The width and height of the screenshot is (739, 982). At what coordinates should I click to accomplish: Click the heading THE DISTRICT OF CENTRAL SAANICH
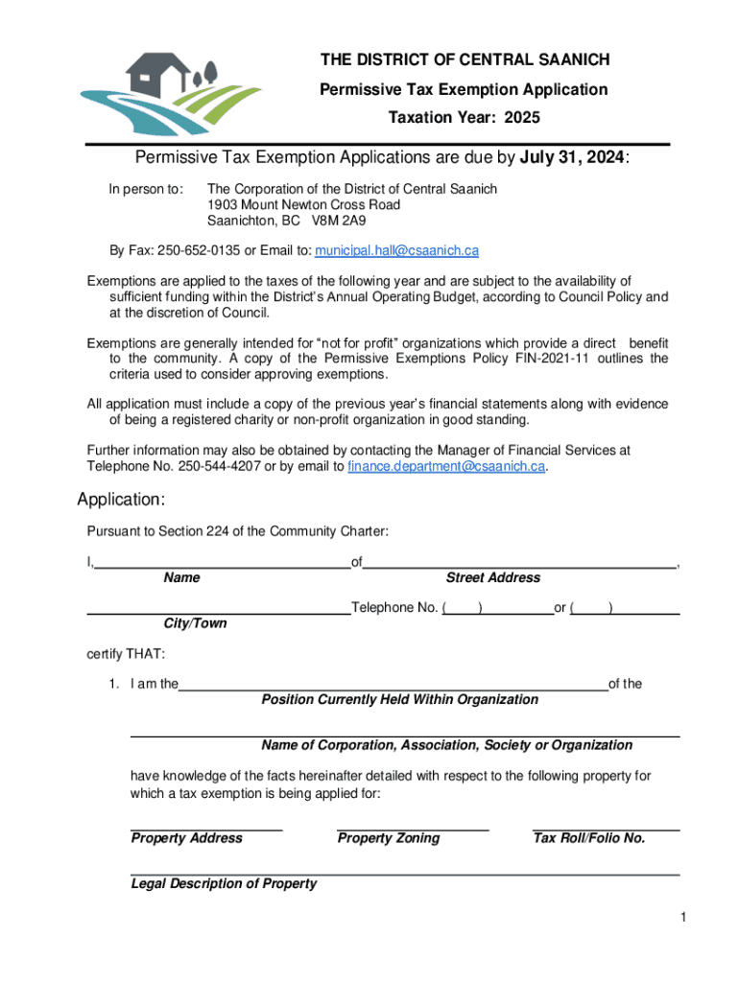click(x=465, y=60)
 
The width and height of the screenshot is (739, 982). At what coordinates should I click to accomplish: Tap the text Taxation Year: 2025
click(x=464, y=118)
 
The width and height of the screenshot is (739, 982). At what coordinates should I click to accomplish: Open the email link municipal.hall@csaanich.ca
click(x=397, y=250)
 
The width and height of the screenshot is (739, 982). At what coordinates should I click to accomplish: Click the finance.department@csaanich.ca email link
click(x=446, y=466)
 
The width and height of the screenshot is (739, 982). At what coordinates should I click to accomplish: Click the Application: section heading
click(x=122, y=500)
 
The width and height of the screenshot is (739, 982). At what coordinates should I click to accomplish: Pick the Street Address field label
click(x=492, y=577)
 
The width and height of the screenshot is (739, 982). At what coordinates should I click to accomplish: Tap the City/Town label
click(x=195, y=623)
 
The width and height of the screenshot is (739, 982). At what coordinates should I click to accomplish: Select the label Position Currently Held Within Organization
click(x=399, y=699)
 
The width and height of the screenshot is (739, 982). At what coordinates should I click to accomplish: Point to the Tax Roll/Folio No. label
click(x=588, y=838)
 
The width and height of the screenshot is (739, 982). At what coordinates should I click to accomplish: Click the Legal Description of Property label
click(x=224, y=883)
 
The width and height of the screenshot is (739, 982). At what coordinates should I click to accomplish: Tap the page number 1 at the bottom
click(x=682, y=919)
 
